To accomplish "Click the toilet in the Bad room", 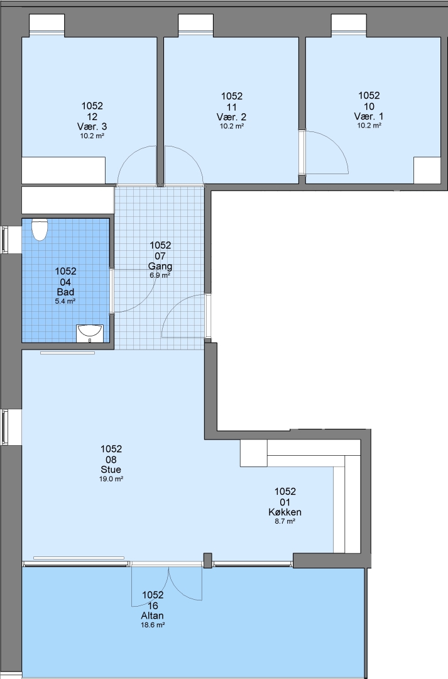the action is coord(40,229).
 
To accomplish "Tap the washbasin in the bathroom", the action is coord(90,333).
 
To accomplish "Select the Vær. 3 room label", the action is coord(92,126).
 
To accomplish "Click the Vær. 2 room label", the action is coord(232,117).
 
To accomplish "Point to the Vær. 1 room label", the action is coord(369,116).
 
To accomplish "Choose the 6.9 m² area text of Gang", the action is coord(160,275).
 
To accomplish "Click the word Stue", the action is coord(111,470).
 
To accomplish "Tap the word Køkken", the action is coord(285,512).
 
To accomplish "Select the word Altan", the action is coord(152,616).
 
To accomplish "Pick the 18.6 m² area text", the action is coord(152,625).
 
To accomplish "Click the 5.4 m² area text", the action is coord(65,301).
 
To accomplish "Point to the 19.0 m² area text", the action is coord(111,479).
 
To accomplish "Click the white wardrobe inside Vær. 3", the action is coord(63,170).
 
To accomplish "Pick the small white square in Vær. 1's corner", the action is coord(427,170).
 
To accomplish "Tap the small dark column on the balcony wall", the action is coord(208,560).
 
